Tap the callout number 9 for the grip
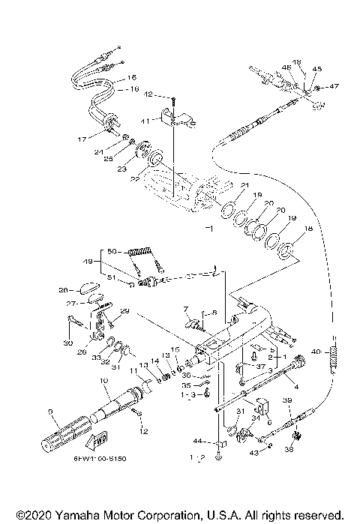(x=50, y=411)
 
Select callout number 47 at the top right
(x=334, y=87)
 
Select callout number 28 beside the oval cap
(x=64, y=289)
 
